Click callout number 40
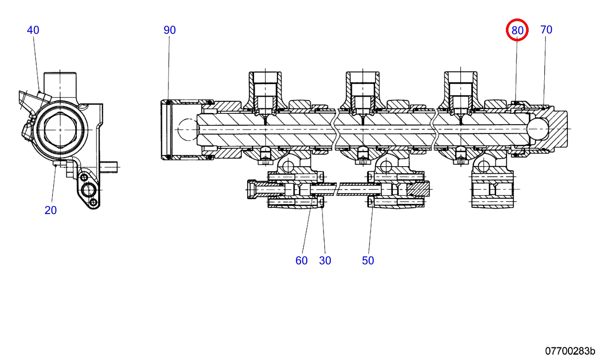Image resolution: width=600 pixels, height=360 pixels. [33, 30]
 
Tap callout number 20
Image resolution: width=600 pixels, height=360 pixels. [51, 210]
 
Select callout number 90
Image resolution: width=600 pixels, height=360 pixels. [170, 30]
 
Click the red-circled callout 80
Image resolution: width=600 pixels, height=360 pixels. [517, 30]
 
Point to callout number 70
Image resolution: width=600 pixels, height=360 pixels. [546, 30]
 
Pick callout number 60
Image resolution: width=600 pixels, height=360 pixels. [301, 261]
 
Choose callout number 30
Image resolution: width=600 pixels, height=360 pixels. [325, 261]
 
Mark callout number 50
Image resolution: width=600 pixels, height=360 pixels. [368, 261]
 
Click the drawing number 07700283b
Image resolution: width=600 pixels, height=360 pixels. [570, 351]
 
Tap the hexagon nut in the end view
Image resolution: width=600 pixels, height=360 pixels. [60, 130]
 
